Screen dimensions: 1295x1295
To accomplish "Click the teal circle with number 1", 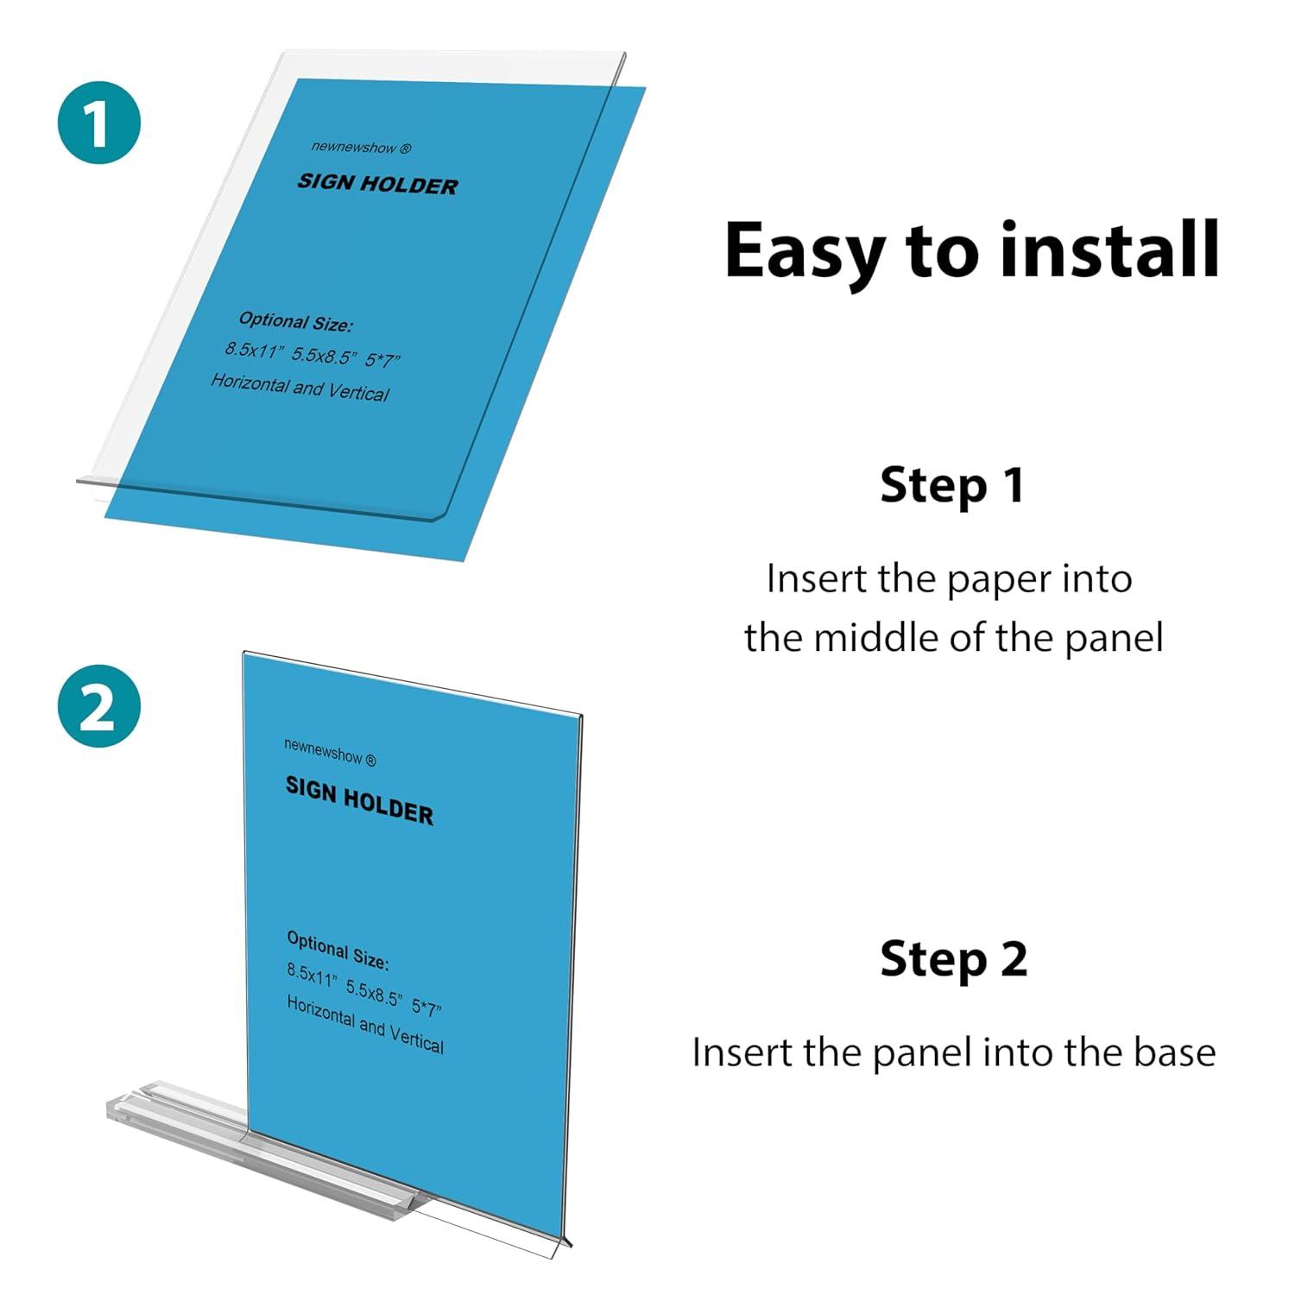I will point(98,123).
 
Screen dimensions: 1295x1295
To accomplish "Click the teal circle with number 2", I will point(98,706).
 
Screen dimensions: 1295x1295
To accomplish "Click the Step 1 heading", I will point(952,485).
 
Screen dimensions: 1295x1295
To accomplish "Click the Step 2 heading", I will point(953,959).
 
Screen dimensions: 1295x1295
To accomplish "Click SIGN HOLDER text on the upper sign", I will point(377,184).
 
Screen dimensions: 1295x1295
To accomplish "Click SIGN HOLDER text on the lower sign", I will point(359,800).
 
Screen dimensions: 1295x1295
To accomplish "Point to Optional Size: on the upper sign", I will point(295,321).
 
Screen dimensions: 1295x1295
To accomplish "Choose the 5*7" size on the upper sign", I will point(382,359).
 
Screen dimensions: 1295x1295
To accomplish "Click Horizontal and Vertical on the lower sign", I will point(364,1025).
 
